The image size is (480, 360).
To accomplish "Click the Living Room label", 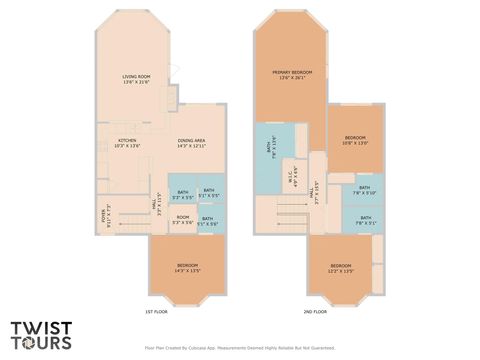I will coord(136,79).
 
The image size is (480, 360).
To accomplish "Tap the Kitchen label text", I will coord(127,143).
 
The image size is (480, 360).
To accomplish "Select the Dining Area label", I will coord(192,143).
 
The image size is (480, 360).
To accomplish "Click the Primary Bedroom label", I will coord(293,75).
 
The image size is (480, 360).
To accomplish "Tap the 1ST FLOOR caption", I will coord(155,311).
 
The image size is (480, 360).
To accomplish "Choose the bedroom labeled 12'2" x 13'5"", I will coord(342,267).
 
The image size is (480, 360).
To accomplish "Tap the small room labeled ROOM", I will coord(183,219).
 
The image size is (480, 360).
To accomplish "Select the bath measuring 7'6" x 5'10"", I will coord(364,190).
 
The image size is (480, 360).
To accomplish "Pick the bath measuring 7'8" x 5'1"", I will coord(364,220).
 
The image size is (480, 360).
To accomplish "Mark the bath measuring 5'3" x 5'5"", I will coord(183,194).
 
